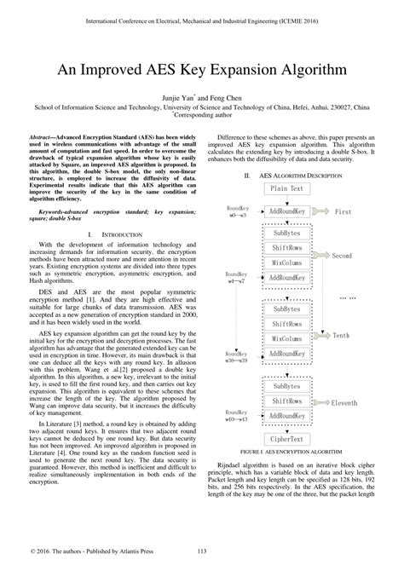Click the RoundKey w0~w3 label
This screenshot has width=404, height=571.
(x=237, y=211)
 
